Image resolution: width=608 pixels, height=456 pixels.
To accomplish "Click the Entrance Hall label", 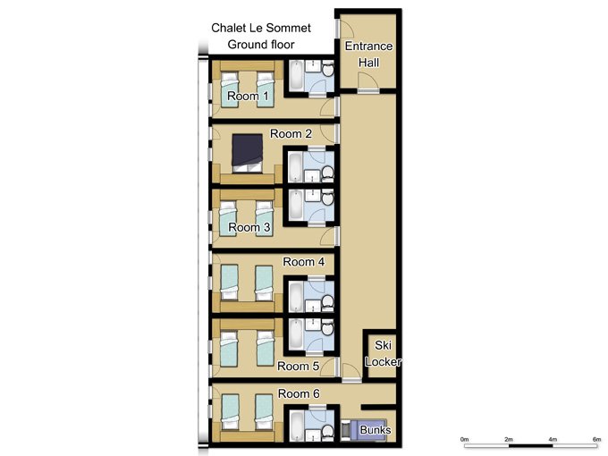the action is pos(368,55).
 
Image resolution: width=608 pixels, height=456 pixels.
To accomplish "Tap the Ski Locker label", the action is pos(383,353).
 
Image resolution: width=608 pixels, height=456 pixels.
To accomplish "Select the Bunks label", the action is pos(375,430).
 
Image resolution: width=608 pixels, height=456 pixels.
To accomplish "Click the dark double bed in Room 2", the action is pos(247,154).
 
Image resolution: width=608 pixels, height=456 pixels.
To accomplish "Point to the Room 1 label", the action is pos(248,96).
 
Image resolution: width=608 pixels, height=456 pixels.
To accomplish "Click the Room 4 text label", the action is pos(303,262).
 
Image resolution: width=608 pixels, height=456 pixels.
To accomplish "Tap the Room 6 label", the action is pos(299,393).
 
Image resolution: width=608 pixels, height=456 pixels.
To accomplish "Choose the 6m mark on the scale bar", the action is pos(596,439).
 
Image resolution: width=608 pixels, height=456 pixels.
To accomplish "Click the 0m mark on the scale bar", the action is pos(465,439).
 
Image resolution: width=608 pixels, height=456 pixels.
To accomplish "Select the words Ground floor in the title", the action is pos(261,45).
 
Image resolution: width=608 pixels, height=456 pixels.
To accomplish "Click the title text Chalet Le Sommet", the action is pos(261,28).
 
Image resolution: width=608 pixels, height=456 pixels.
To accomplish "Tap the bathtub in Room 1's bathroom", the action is pos(296,75).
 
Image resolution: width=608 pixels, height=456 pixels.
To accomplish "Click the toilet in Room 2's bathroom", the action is pos(327,172).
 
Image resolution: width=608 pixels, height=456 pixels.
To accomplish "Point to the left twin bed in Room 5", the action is pos(228,349).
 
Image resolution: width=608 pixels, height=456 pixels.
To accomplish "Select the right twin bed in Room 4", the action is pos(264,283).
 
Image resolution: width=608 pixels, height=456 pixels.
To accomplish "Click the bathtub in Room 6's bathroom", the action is pos(296,426).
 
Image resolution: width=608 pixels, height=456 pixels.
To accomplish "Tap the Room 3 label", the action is pos(249,227).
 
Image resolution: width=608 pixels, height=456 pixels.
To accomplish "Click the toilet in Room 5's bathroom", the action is pos(327,328).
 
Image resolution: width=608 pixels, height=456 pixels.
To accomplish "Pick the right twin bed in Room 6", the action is pos(264,412).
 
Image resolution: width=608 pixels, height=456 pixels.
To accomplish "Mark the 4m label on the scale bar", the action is pos(553,439).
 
